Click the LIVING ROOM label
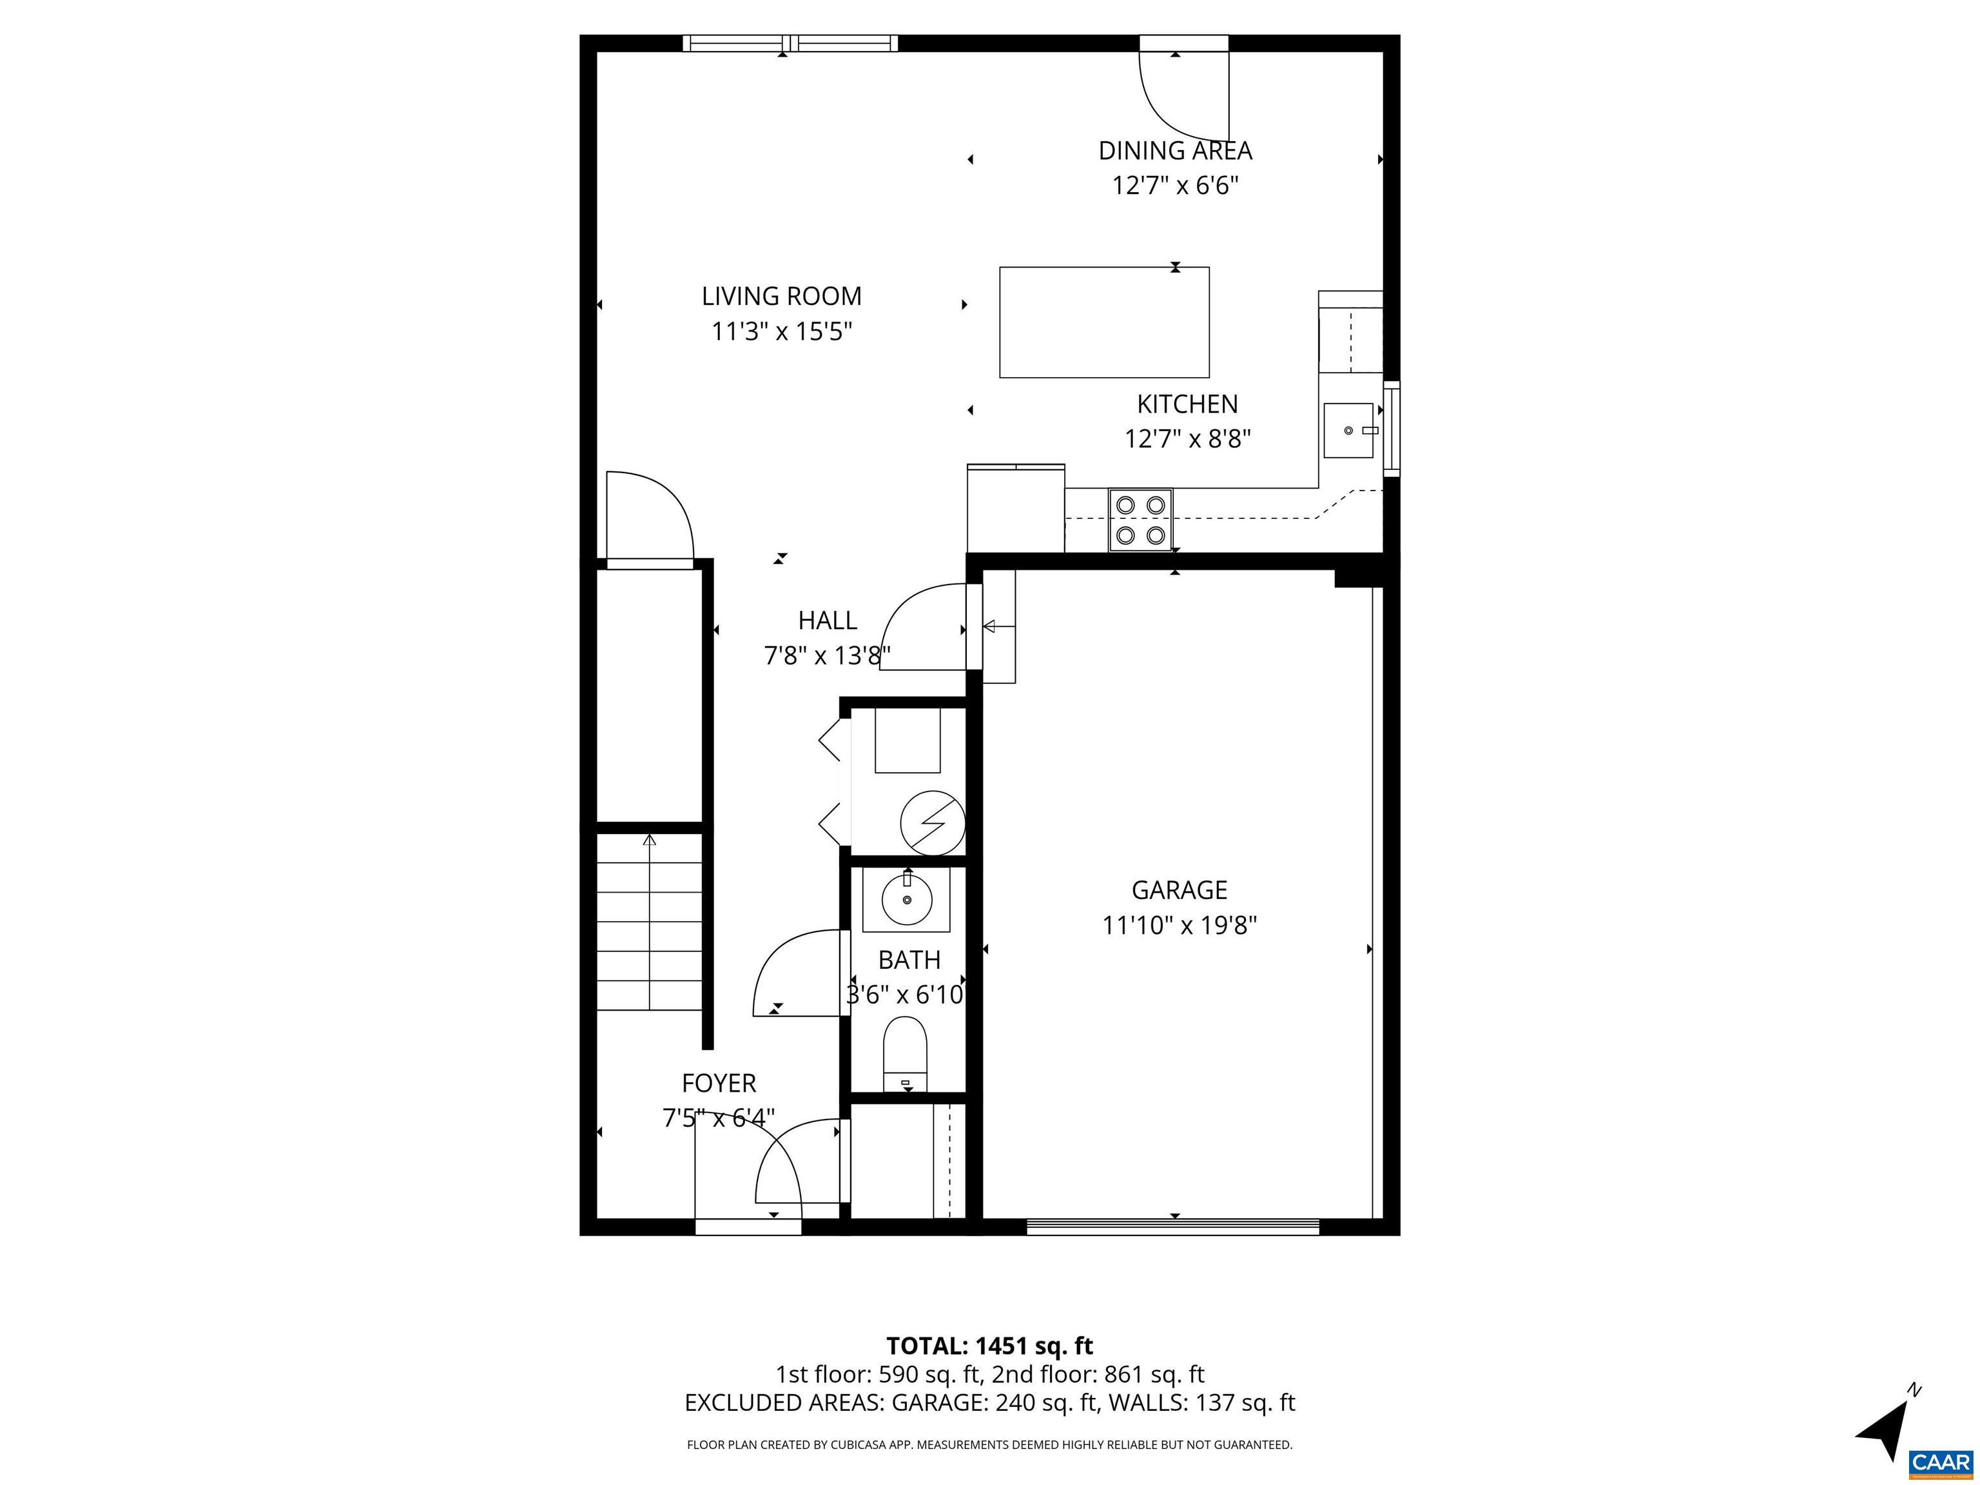click(781, 296)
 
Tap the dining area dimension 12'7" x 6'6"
click(1174, 185)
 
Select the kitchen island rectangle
click(1103, 322)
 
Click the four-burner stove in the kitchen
click(1140, 520)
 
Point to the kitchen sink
click(1348, 431)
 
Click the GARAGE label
click(1179, 889)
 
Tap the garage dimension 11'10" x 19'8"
click(1179, 925)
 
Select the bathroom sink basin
click(907, 900)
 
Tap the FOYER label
click(719, 1083)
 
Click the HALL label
click(827, 620)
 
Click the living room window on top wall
click(790, 43)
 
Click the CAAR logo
click(1940, 1462)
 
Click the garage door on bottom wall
click(1172, 1227)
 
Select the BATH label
click(909, 960)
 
